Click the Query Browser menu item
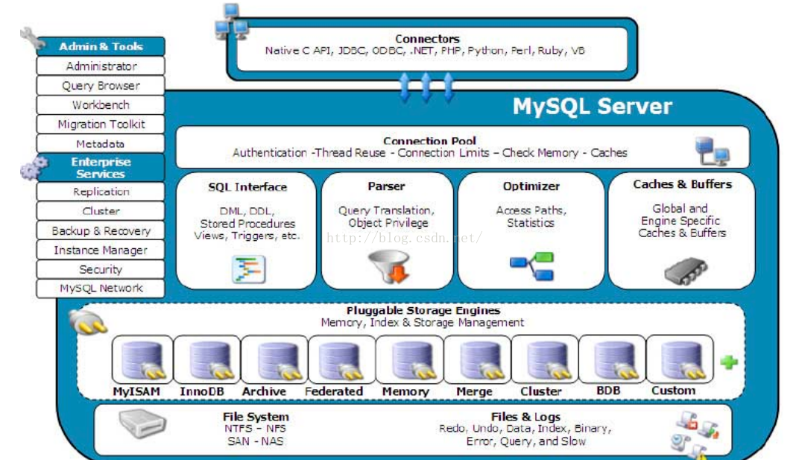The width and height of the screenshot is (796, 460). pos(101,86)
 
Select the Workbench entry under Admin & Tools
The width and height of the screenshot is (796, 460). pos(101,105)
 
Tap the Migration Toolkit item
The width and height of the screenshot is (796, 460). pos(101,125)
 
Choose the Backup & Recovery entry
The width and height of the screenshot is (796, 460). pos(101,231)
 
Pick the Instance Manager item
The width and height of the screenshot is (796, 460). pos(101,251)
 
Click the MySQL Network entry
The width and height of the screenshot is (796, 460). pos(101,289)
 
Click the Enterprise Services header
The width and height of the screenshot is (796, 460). pos(101,168)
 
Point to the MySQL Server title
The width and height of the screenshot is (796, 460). pos(593,107)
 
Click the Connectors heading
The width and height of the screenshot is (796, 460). pos(427,39)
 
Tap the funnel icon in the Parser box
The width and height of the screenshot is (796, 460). pos(389,267)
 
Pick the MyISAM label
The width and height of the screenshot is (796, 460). pos(136,391)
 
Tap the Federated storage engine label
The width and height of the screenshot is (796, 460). pos(334,391)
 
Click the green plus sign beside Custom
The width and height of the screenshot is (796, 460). pos(728,362)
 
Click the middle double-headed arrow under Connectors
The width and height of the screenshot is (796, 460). pos(426,87)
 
